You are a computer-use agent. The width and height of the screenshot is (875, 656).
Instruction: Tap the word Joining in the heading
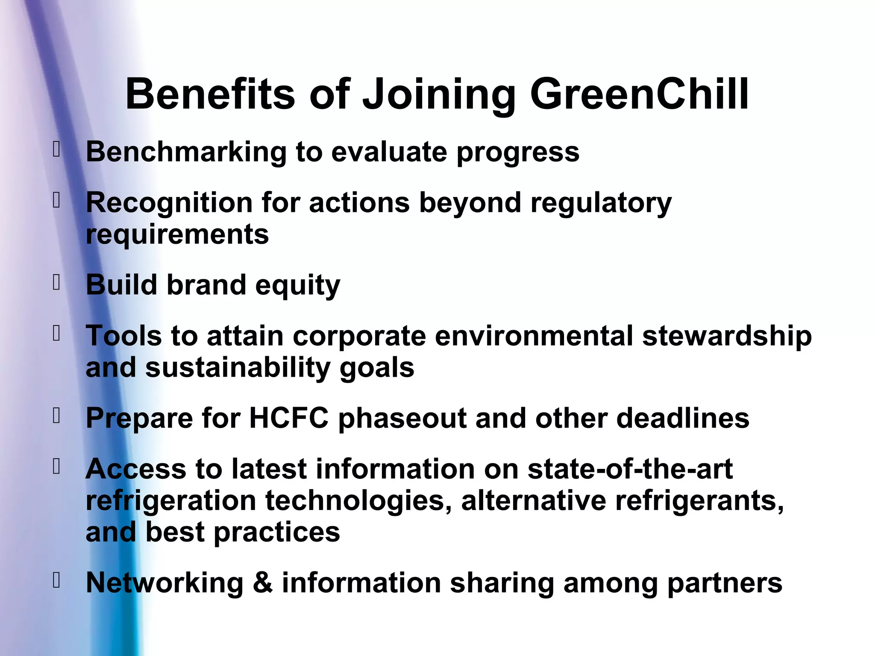click(x=439, y=95)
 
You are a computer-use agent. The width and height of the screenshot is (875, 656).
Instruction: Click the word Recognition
click(x=169, y=202)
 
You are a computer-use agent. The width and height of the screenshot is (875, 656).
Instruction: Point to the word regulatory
click(x=601, y=203)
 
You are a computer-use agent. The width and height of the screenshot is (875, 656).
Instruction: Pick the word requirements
click(x=177, y=235)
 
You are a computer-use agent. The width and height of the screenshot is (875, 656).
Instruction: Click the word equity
click(x=297, y=285)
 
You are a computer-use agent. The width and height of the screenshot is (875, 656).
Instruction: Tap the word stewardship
click(x=727, y=336)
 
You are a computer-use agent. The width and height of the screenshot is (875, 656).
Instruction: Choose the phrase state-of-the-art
click(x=630, y=469)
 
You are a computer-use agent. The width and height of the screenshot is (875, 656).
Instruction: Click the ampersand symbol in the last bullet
click(x=263, y=583)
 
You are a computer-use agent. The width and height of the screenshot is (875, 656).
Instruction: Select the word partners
click(x=725, y=583)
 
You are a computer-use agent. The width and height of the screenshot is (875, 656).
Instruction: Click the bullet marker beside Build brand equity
click(x=56, y=282)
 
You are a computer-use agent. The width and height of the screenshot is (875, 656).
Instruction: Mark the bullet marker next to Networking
click(x=56, y=580)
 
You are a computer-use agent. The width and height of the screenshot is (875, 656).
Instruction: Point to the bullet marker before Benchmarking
click(x=56, y=149)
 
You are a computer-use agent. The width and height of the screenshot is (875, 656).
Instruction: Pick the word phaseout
click(x=402, y=419)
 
